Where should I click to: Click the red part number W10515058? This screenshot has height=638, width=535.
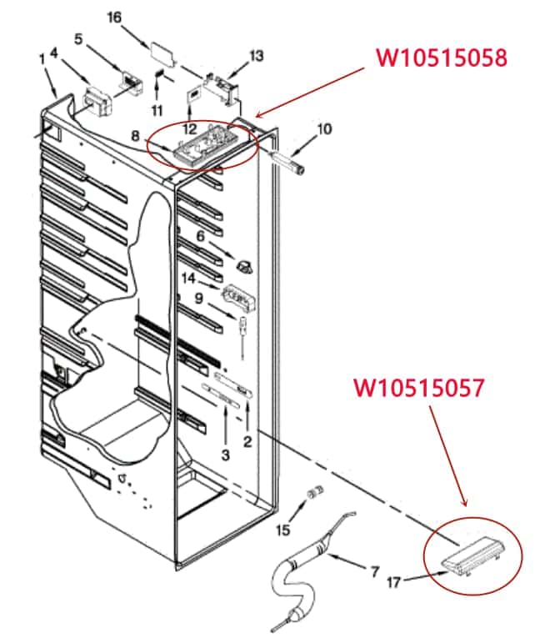442,58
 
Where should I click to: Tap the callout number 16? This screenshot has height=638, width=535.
114,17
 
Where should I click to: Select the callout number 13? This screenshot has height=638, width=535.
257,55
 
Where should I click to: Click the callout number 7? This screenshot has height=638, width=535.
375,571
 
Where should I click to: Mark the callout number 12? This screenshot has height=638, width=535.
190,129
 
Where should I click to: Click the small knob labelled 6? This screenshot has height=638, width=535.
242,265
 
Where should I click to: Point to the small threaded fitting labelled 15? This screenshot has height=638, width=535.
315,491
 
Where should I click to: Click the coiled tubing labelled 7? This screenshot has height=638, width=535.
296,575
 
